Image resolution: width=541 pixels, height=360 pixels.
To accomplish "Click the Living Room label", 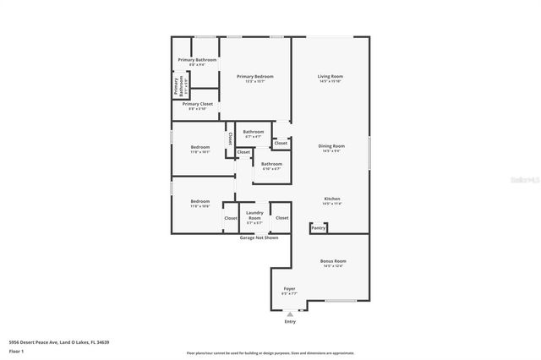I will pyautogui.click(x=331, y=76).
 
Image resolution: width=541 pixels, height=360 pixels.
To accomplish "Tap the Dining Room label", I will pyautogui.click(x=331, y=146).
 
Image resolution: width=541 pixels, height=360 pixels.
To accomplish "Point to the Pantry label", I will pyautogui.click(x=319, y=227).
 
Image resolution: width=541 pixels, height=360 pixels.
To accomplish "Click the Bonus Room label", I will pyautogui.click(x=333, y=261).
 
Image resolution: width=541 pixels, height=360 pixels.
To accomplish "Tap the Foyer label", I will pyautogui.click(x=289, y=288).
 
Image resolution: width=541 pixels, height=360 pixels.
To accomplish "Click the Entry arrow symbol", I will pyautogui.click(x=290, y=314).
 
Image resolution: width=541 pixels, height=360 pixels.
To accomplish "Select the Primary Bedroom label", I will pyautogui.click(x=254, y=76).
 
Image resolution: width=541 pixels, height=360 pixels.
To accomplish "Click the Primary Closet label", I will pyautogui.click(x=196, y=104).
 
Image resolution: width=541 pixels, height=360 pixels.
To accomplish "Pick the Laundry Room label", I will pyautogui.click(x=254, y=215).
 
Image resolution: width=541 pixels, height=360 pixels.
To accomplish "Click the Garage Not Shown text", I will pyautogui.click(x=260, y=237).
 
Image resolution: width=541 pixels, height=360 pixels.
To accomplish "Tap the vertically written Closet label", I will pyautogui.click(x=229, y=139).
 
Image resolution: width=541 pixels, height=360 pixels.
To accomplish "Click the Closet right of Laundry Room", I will pyautogui.click(x=282, y=218).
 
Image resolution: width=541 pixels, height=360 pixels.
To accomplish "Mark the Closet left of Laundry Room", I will pyautogui.click(x=231, y=218).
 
